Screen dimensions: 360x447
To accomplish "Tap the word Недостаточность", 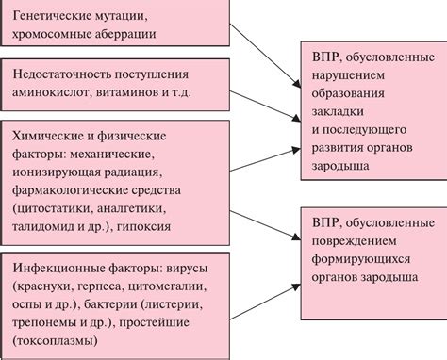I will tap(67, 74).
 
